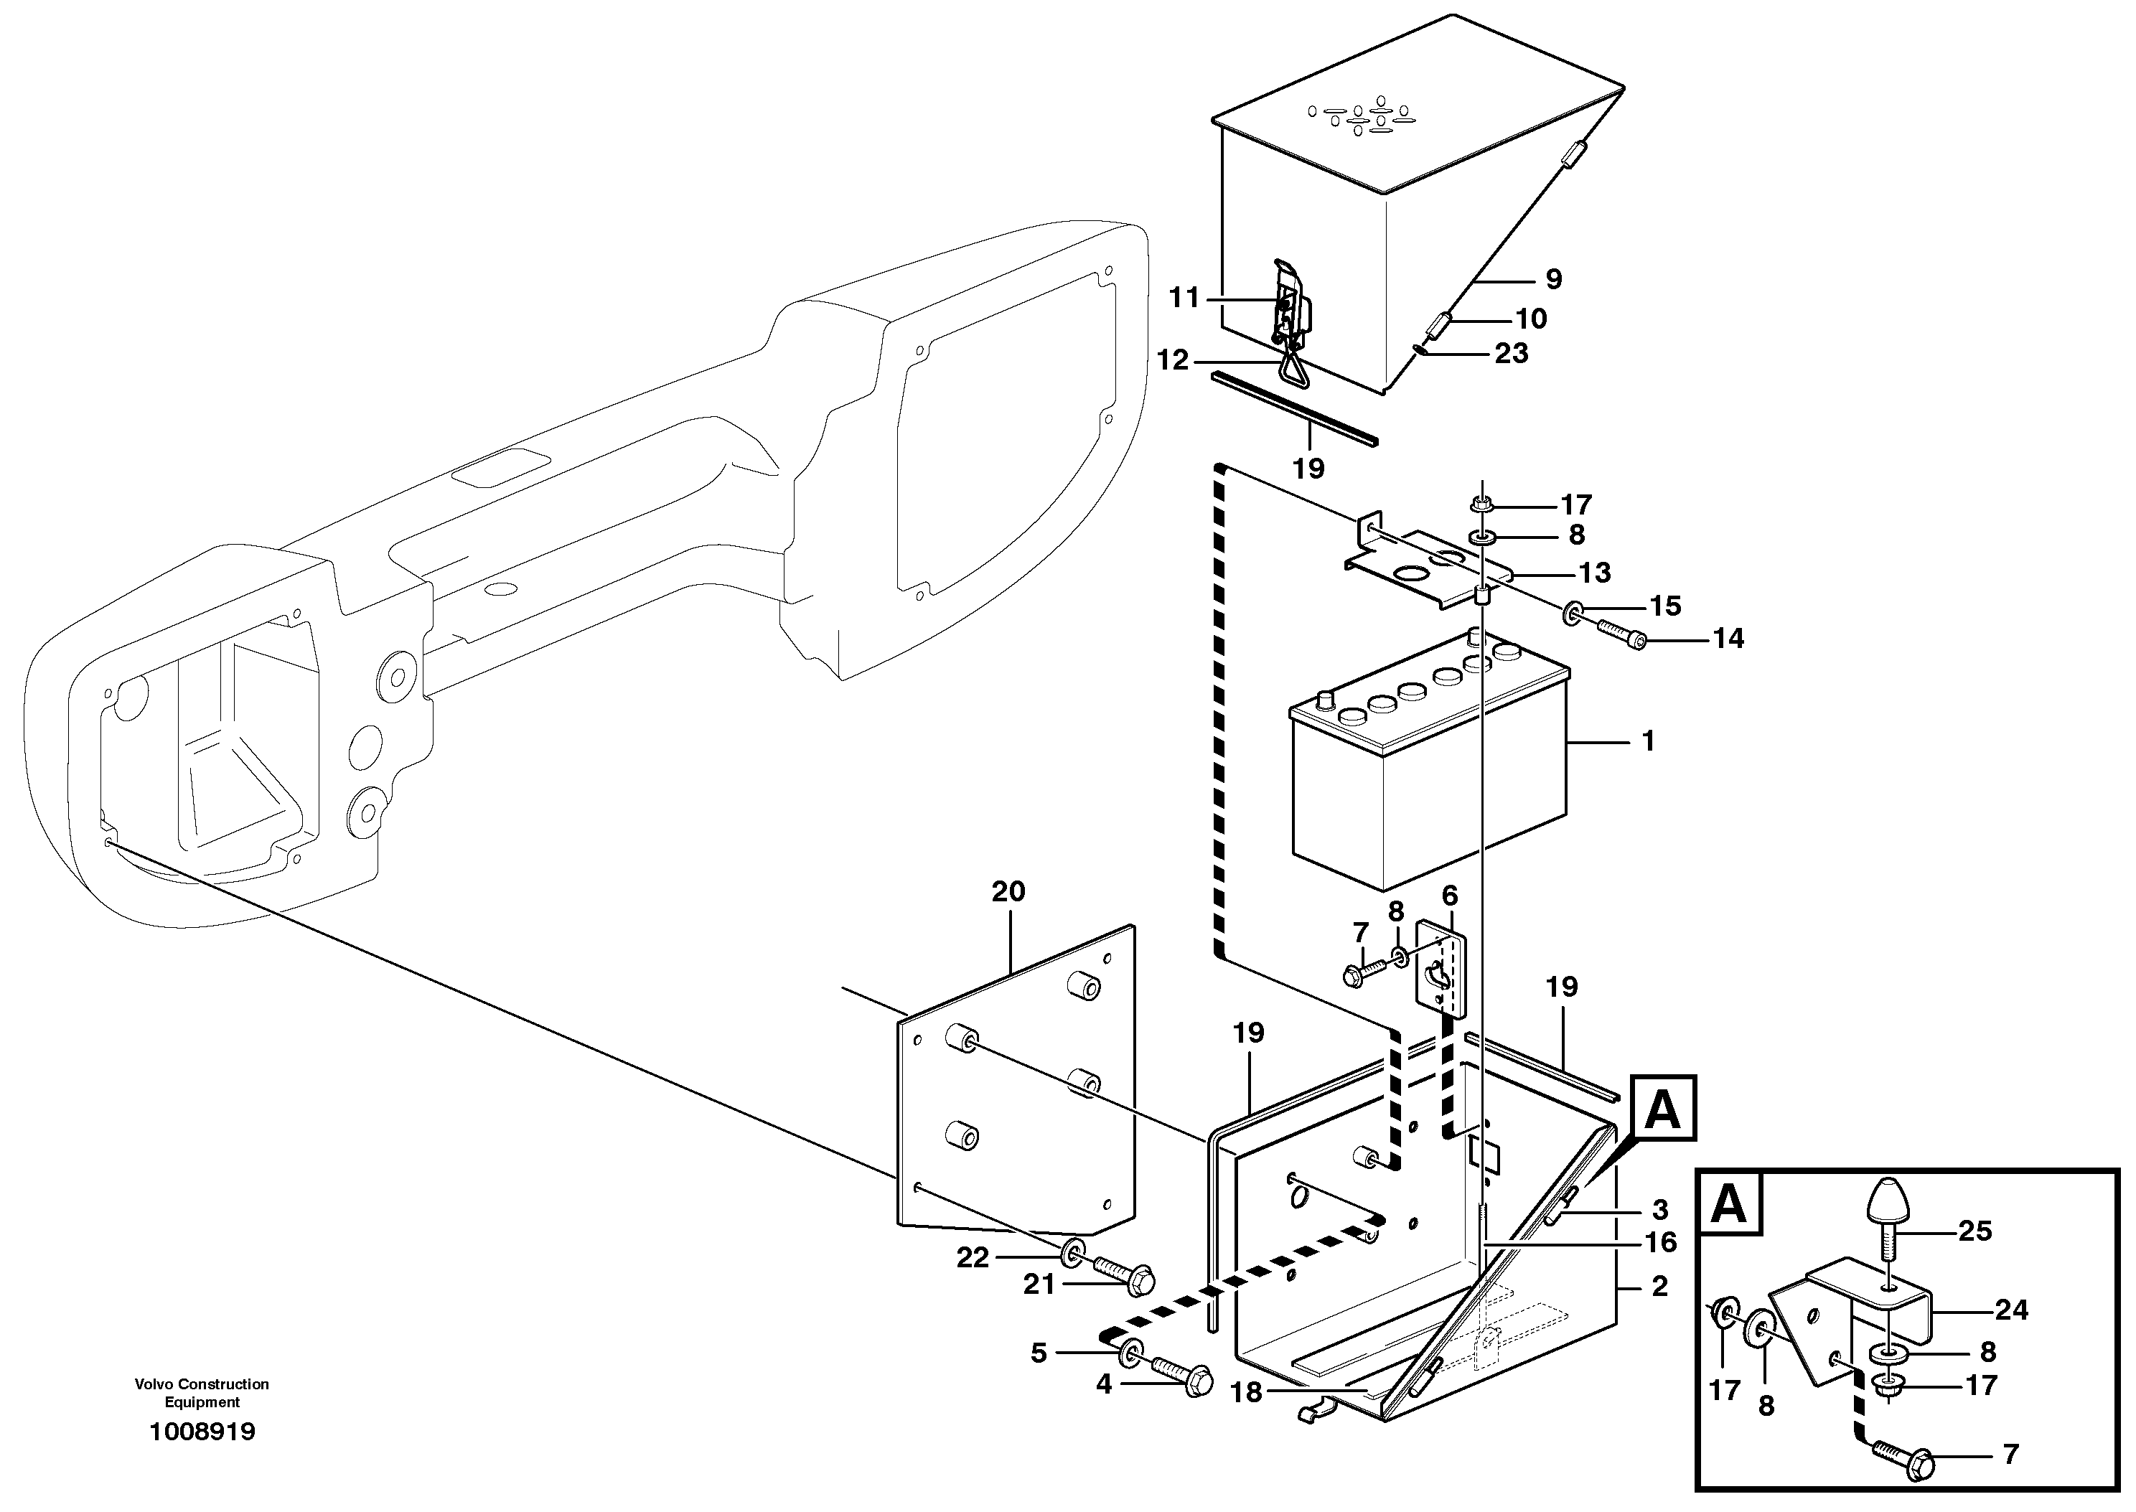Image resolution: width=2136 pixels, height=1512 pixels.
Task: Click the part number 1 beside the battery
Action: (x=1648, y=741)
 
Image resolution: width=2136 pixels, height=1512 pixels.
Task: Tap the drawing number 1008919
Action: (x=202, y=1431)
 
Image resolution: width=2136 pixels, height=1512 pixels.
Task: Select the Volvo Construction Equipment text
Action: (x=202, y=1393)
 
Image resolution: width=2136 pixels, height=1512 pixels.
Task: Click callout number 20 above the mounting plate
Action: (x=1008, y=892)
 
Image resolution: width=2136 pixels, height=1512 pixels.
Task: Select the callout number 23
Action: (x=1512, y=353)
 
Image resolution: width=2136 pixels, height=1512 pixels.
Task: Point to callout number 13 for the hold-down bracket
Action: (x=1595, y=573)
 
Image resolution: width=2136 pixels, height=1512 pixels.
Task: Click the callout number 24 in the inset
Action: (x=2011, y=1310)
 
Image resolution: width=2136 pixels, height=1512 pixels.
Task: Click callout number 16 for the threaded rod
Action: (x=1661, y=1242)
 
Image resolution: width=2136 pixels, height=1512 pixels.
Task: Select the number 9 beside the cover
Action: (x=1553, y=278)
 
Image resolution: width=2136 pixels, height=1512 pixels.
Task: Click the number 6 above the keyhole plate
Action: (x=1450, y=896)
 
